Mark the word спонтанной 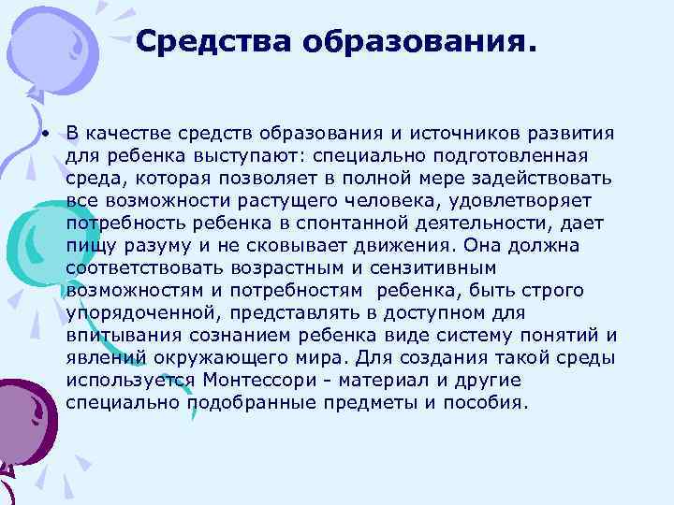coord(346,222)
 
